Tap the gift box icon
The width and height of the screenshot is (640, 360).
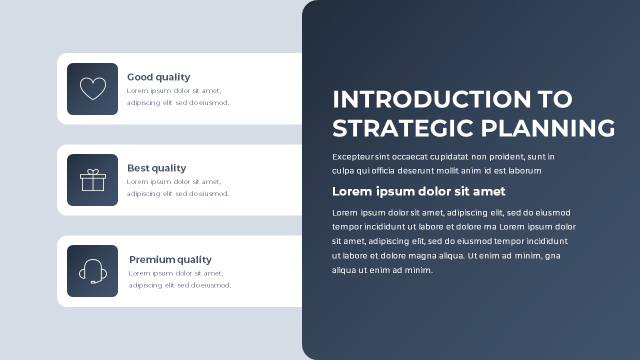pos(93,180)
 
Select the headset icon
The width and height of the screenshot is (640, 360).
pos(93,271)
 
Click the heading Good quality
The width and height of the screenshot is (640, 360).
pos(158,77)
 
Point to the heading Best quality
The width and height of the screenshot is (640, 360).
pos(156,168)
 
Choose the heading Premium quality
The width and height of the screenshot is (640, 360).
pos(170,259)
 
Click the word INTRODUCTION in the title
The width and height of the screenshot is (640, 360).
pos(431,99)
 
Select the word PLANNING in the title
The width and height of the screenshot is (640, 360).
pos(547,128)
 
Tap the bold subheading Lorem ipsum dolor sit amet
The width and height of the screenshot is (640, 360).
pos(418,191)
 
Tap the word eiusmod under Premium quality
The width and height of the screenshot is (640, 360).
pos(216,285)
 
